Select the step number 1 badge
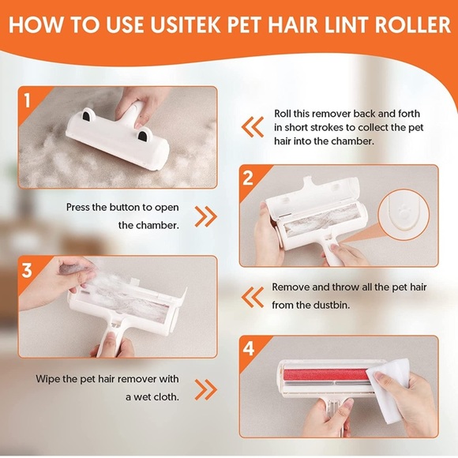[27, 100]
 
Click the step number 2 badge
[248, 178]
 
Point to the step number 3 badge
[27, 270]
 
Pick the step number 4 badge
[249, 348]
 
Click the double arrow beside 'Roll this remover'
[253, 127]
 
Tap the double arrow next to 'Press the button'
[206, 216]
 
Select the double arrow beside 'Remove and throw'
[253, 298]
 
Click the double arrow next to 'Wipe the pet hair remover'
[206, 389]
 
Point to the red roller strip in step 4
[325, 374]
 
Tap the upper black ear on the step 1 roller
[86, 115]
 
